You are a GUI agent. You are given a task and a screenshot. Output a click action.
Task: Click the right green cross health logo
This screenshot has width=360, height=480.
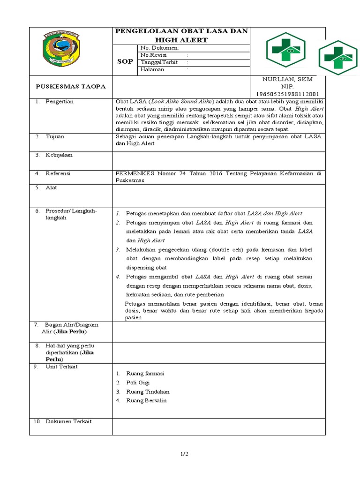338,58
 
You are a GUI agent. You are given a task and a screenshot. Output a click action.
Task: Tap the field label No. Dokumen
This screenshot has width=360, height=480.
159,48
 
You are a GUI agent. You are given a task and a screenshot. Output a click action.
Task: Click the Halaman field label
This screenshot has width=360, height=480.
152,69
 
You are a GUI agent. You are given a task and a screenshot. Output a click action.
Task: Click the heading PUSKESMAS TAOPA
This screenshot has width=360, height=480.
71,86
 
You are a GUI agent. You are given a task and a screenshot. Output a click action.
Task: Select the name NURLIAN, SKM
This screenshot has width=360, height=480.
287,79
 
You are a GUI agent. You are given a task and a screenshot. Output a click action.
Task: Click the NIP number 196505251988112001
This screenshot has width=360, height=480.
287,94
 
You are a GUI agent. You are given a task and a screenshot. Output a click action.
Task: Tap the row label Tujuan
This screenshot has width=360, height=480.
55,136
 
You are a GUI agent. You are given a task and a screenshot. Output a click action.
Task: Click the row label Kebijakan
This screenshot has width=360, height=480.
59,155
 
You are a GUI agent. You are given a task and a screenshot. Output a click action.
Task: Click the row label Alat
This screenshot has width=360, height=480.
51,187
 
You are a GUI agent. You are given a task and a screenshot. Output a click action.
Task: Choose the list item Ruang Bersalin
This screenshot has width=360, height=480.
146,400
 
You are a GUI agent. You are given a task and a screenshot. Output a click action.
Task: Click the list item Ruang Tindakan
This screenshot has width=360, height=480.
148,391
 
